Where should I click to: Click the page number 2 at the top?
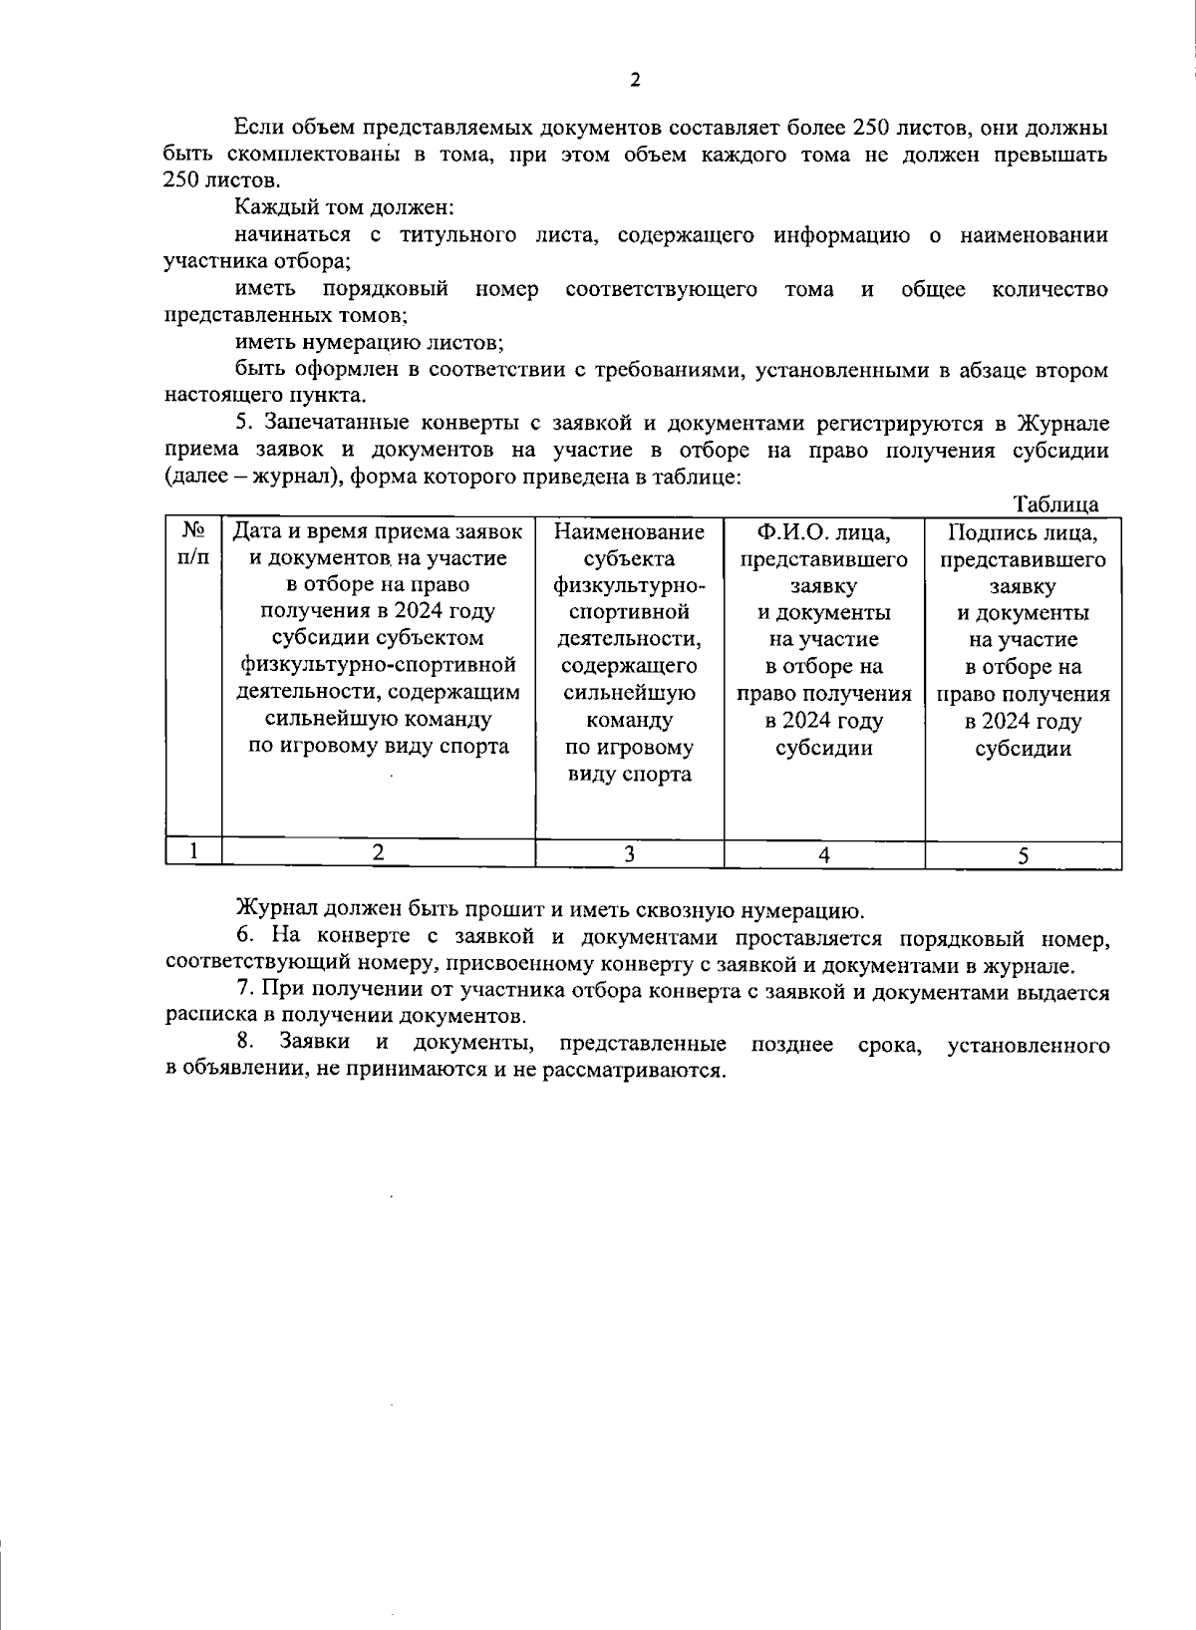(x=635, y=81)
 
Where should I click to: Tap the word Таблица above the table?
(x=1055, y=504)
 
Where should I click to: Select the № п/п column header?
(x=193, y=544)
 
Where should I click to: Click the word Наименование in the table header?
(x=629, y=532)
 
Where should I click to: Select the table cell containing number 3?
(x=629, y=853)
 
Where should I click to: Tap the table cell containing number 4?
(x=823, y=854)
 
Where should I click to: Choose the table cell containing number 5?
(x=1023, y=855)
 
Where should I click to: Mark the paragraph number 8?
(x=243, y=1043)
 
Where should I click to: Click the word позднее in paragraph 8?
(x=792, y=1044)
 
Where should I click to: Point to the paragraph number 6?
(x=243, y=937)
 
